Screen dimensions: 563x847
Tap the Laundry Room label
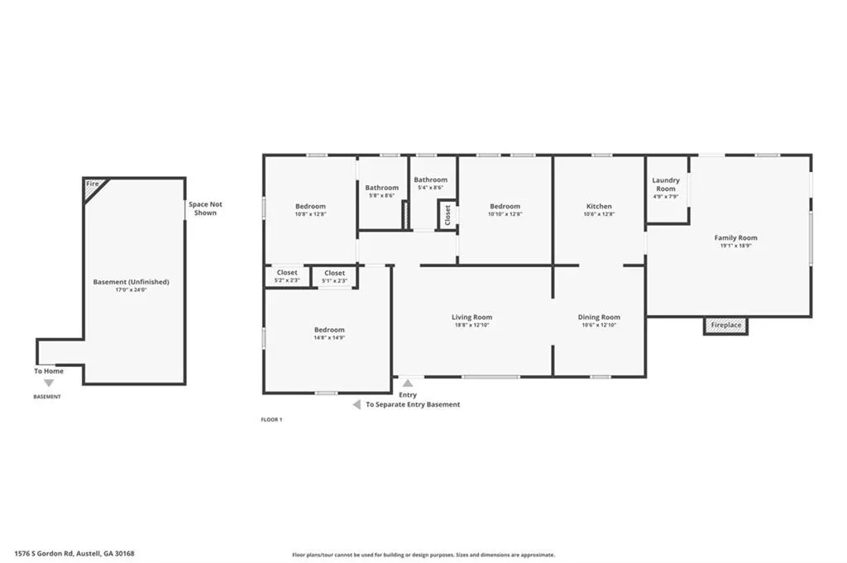[x=666, y=184]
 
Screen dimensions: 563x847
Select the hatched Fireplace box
[x=725, y=326]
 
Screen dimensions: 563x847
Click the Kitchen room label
[x=599, y=206]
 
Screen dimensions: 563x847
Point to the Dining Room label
[x=599, y=317]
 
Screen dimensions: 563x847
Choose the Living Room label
[x=471, y=317]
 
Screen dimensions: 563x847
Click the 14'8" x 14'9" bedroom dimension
[x=329, y=338]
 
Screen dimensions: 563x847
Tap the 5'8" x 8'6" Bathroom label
[x=382, y=196]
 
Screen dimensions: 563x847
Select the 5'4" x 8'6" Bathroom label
[x=430, y=188]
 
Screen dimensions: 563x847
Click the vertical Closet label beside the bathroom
[x=447, y=215]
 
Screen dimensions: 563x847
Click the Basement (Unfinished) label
[x=131, y=282]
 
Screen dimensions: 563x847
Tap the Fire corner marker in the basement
[x=93, y=184]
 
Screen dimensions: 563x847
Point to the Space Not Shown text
[x=205, y=208]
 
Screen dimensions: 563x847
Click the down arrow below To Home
[x=49, y=383]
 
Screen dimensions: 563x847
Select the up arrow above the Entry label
[x=407, y=383]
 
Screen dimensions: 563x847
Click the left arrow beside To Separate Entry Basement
[x=357, y=404]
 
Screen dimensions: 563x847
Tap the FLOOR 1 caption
[x=271, y=420]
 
